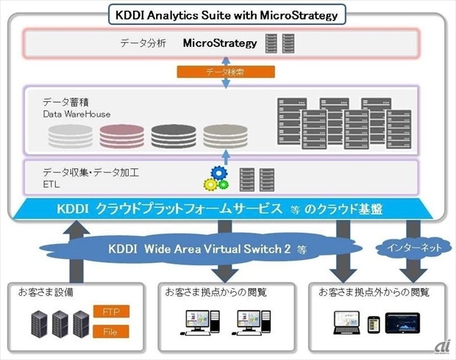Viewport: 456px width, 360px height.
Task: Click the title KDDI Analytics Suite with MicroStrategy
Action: pos(228,13)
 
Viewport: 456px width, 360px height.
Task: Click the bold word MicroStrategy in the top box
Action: pos(220,43)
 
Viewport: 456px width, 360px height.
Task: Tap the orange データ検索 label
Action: pos(227,72)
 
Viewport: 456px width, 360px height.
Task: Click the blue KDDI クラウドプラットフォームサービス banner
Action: pos(228,209)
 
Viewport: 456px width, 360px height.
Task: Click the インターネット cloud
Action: pos(414,248)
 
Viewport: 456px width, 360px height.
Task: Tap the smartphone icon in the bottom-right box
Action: pos(373,323)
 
